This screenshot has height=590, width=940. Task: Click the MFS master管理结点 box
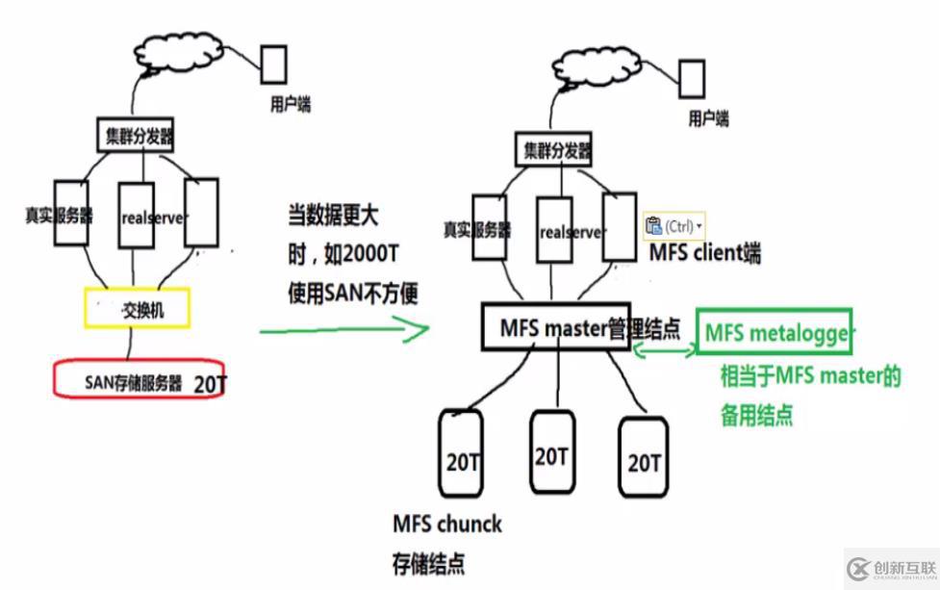pyautogui.click(x=576, y=328)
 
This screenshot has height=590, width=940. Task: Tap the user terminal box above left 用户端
pyautogui.click(x=273, y=64)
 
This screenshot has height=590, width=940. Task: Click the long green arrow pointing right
pyautogui.click(x=343, y=330)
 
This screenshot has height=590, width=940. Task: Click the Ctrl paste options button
pyautogui.click(x=673, y=226)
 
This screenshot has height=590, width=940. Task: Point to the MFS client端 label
pyautogui.click(x=704, y=253)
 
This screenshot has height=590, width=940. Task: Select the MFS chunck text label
pyautogui.click(x=446, y=525)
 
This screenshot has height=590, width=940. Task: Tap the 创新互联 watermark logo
pyautogui.click(x=890, y=567)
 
